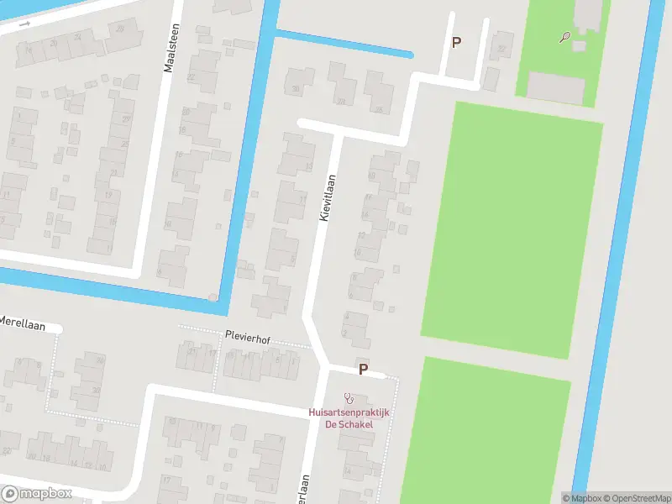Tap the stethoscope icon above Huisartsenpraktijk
(x=349, y=398)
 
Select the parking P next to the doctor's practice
(x=364, y=369)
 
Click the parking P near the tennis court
(x=456, y=42)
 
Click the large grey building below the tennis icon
(x=555, y=87)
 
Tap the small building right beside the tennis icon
(x=580, y=45)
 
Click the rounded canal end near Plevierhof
(x=213, y=297)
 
